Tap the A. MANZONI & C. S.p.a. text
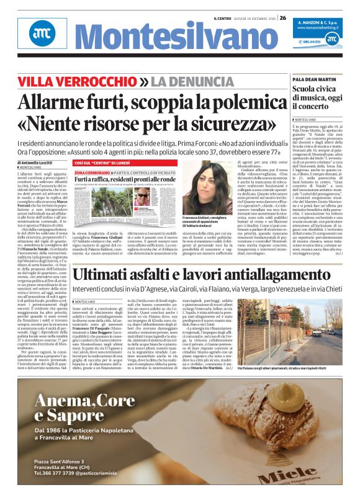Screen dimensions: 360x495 [325, 22]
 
